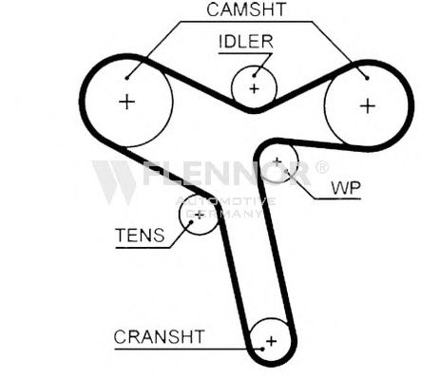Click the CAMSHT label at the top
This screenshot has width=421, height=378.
tap(246, 9)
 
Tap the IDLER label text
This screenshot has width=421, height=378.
tap(246, 42)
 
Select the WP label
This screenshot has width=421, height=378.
tap(346, 188)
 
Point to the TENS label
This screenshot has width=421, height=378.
tap(140, 236)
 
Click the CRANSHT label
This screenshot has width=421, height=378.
tap(159, 336)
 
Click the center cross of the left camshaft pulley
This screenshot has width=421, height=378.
tap(127, 102)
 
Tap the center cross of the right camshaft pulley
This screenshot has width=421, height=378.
tap(368, 105)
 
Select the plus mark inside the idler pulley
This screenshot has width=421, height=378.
tap(254, 89)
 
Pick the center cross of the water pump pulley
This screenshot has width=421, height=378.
tap(277, 161)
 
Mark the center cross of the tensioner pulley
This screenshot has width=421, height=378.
tap(200, 216)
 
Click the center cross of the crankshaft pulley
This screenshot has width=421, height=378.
tap(271, 341)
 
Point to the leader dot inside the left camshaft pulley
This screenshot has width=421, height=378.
tap(127, 78)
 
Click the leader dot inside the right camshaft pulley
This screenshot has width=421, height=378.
tap(367, 78)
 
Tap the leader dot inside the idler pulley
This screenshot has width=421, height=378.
tap(254, 75)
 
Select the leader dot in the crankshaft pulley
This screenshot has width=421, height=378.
tap(262, 350)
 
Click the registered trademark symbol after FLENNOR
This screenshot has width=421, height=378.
tap(322, 167)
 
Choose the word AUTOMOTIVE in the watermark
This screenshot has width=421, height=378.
tap(225, 201)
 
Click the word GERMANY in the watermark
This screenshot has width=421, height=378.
tap(224, 214)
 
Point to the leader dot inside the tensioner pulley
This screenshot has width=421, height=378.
tap(191, 222)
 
